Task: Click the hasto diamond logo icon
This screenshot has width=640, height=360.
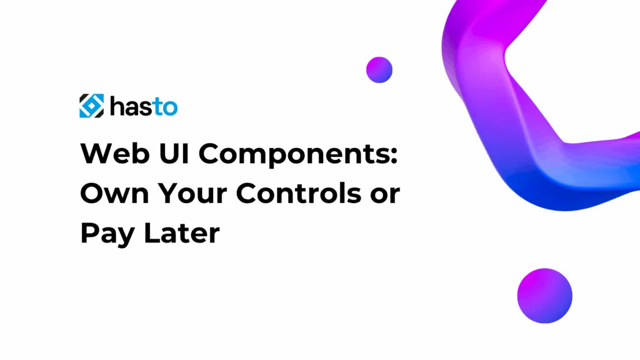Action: (91, 106)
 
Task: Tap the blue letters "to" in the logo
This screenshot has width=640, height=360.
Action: (165, 107)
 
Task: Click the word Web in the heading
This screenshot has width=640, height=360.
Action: (115, 154)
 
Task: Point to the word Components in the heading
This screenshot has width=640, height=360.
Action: (292, 155)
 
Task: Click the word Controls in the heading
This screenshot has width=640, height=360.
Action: (298, 192)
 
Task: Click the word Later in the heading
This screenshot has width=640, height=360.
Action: (182, 232)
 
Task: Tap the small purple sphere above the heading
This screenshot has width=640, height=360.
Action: (379, 70)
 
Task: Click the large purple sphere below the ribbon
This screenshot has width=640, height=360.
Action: (544, 296)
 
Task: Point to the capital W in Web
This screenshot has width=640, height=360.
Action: (96, 154)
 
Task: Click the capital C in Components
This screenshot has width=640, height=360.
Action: (210, 154)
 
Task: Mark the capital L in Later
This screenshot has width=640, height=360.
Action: (152, 232)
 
